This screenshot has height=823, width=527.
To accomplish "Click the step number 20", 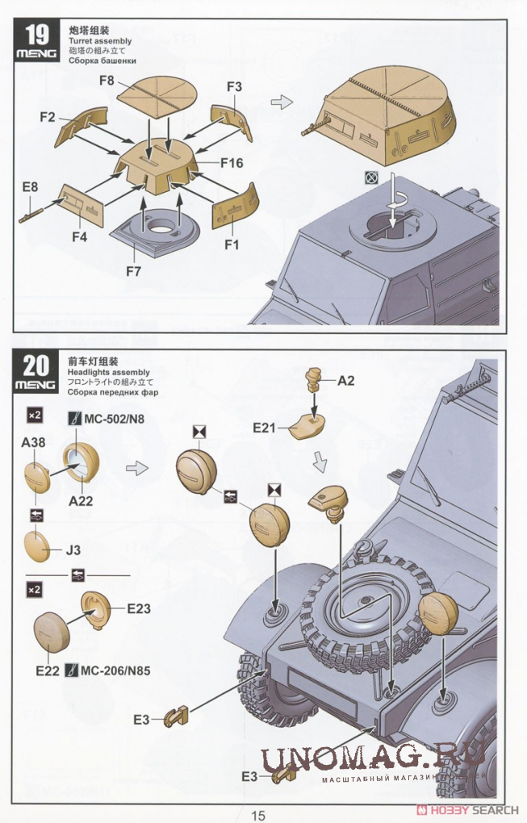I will click(37, 366).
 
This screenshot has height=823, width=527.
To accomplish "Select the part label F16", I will click(231, 163).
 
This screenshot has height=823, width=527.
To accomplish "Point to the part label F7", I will click(133, 271).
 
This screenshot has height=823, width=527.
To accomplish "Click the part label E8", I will click(30, 187).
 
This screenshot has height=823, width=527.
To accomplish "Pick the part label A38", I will click(33, 443).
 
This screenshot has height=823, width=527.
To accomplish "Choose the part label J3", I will click(73, 552).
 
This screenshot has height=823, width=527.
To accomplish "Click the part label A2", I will click(345, 381).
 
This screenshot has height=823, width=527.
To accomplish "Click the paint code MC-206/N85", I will click(116, 670).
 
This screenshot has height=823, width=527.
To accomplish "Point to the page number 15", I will click(257, 814).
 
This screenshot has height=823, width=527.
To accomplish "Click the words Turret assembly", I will click(100, 40).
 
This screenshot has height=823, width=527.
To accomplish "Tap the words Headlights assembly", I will click(109, 372).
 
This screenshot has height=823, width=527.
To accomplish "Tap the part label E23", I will click(138, 610).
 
